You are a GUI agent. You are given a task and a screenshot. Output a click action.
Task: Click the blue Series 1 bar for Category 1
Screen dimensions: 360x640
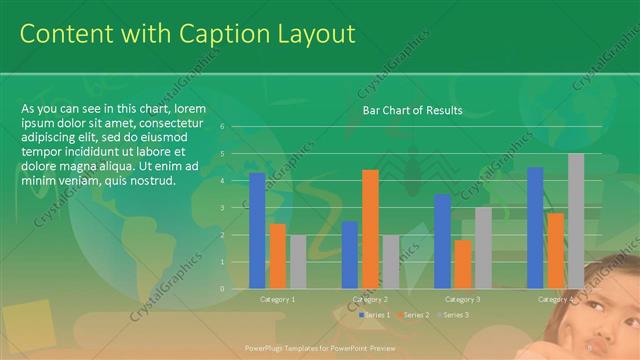257,230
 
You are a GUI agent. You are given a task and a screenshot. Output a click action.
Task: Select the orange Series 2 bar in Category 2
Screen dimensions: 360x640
370,229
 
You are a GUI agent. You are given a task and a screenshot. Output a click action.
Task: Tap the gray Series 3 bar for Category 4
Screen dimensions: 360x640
576,221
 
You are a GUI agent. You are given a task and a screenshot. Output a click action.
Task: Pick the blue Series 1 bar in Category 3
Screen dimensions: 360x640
442,241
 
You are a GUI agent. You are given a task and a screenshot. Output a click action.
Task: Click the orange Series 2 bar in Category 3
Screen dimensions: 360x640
462,264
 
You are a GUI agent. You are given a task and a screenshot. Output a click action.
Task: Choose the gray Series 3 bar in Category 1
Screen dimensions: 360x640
298,261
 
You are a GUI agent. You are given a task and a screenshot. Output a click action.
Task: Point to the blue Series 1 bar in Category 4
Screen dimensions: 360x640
535,227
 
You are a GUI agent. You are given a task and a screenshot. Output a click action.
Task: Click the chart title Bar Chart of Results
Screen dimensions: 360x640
412,110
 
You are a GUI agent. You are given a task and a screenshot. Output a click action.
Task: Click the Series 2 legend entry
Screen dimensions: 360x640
412,315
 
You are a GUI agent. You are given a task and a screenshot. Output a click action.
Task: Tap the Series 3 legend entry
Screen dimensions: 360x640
452,315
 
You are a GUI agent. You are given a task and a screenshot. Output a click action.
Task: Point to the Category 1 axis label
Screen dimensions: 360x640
277,299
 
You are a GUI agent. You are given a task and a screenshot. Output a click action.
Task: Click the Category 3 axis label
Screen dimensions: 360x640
463,299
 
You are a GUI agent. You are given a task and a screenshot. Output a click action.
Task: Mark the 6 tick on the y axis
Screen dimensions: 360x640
236,127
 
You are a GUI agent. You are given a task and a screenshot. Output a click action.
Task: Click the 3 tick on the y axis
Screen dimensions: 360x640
236,208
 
